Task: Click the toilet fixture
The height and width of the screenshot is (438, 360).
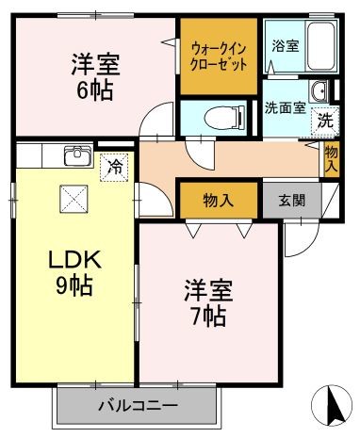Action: tap(224, 118)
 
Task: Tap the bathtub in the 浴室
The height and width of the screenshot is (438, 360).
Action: tap(320, 46)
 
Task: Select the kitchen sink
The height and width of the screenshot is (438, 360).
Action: tap(77, 155)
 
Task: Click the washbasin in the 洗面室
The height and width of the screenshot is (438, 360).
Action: tap(319, 90)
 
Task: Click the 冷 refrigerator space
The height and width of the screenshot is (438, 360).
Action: tap(114, 168)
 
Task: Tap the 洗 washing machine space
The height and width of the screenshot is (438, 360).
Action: tap(325, 122)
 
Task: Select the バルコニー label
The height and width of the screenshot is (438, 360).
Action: tap(139, 406)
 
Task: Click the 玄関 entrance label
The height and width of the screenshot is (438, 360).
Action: tap(292, 201)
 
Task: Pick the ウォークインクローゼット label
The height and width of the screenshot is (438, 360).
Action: tap(219, 57)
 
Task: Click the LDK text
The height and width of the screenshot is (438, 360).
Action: tap(74, 259)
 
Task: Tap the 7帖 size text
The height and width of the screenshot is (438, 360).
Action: tap(208, 316)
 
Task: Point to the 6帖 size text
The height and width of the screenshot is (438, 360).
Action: tap(95, 90)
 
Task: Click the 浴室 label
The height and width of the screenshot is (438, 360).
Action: tap(286, 46)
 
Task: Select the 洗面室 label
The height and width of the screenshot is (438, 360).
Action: tap(286, 108)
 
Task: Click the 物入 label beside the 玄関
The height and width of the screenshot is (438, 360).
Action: tap(219, 201)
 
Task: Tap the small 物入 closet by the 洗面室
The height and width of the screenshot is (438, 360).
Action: tap(332, 159)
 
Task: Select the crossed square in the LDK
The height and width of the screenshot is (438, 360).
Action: tap(74, 199)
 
